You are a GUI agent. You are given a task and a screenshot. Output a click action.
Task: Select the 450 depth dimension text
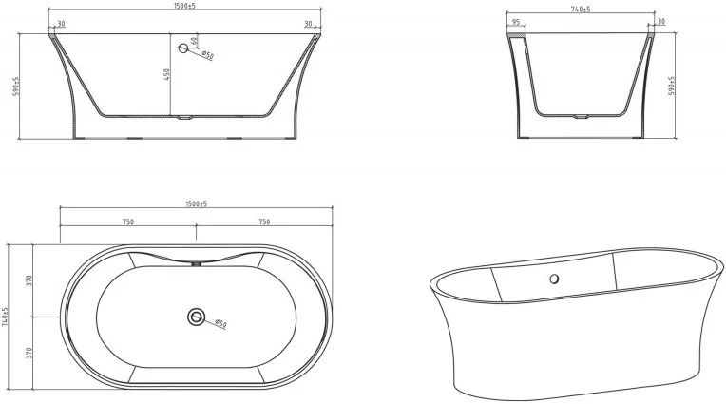click(x=167, y=74)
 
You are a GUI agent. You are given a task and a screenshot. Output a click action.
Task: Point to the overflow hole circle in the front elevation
click(x=184, y=48)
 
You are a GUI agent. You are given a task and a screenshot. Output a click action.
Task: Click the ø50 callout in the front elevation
click(x=207, y=56)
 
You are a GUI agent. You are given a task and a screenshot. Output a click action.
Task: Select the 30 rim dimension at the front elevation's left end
click(x=61, y=25)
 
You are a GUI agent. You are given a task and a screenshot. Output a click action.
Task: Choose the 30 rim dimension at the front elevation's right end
click(x=308, y=25)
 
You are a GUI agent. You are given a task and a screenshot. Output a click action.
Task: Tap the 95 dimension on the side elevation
click(x=516, y=22)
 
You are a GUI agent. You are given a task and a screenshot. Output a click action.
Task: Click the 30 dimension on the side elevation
click(x=660, y=22)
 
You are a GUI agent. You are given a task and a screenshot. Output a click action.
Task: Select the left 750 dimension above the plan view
click(x=127, y=221)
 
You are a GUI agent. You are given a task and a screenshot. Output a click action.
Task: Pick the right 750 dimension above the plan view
click(x=264, y=221)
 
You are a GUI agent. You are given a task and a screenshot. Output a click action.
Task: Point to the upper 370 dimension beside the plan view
click(x=29, y=279)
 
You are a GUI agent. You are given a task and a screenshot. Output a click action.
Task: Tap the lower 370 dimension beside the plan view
click(x=29, y=353)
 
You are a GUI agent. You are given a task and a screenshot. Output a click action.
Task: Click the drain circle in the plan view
click(x=197, y=316)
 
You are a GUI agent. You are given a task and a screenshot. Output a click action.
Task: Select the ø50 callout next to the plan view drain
click(x=220, y=325)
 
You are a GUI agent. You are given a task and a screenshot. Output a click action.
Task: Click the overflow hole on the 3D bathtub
click(x=553, y=279)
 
